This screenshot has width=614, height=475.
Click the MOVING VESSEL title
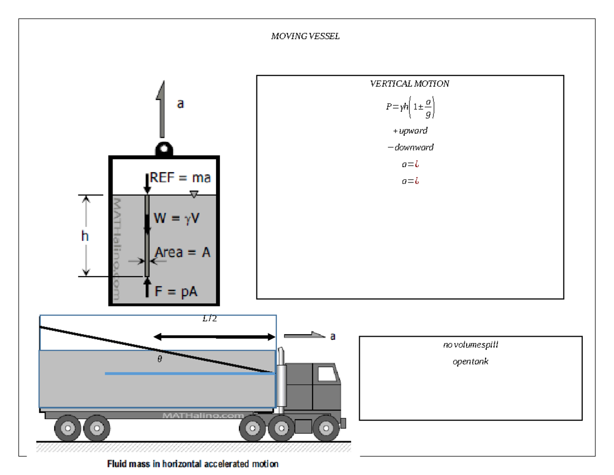pos(305,36)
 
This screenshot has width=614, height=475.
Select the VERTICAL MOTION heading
pos(409,84)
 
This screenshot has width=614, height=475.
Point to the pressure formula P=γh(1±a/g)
pos(410,108)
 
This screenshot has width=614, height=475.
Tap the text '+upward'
pos(410,131)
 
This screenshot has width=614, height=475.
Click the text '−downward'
pos(410,147)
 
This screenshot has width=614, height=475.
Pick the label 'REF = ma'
pos(180,178)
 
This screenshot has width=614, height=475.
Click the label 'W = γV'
pos(178,218)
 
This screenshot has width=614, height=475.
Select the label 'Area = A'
pos(183,252)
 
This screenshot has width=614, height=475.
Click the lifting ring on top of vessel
pos(164,148)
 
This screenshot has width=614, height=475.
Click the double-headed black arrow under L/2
pos(214,337)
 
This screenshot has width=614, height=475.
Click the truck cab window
pos(326,374)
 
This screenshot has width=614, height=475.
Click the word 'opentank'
pos(470,362)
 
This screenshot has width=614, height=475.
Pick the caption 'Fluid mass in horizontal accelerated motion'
pos(193,465)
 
